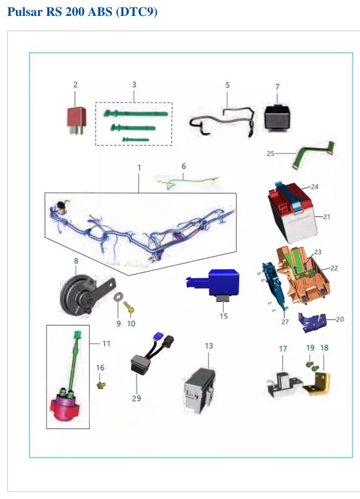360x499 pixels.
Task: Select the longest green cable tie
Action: click(x=136, y=114)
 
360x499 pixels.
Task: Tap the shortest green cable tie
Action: click(x=136, y=140)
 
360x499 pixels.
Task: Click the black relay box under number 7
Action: click(x=277, y=118)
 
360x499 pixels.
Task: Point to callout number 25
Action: click(x=270, y=153)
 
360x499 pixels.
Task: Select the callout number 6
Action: click(x=183, y=166)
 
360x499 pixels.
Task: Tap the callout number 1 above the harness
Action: click(x=139, y=167)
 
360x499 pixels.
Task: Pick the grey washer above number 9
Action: click(x=119, y=297)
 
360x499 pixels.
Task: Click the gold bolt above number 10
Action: click(x=128, y=307)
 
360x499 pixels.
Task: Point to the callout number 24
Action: click(x=315, y=187)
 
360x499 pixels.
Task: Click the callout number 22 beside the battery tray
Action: click(x=334, y=268)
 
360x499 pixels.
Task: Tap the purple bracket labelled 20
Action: click(x=312, y=322)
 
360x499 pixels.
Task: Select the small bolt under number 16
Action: click(x=101, y=385)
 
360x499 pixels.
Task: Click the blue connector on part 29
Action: click(x=158, y=336)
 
